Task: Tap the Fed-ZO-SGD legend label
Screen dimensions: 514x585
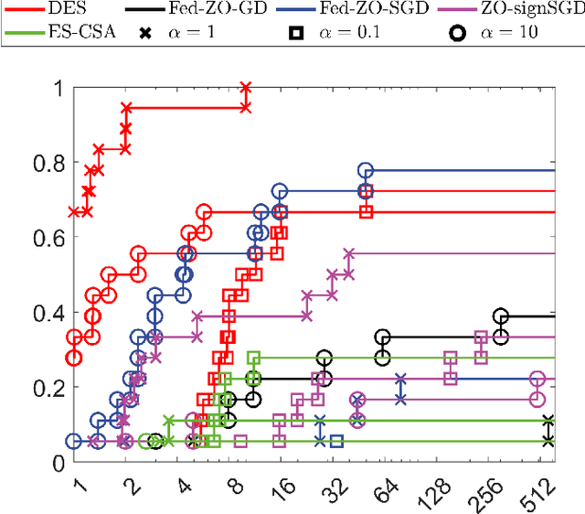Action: pyautogui.click(x=388, y=9)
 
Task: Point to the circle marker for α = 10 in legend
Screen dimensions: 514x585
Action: pyautogui.click(x=458, y=32)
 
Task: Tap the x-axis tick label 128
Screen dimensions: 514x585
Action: pyautogui.click(x=433, y=488)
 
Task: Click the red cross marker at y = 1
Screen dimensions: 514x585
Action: pyautogui.click(x=245, y=89)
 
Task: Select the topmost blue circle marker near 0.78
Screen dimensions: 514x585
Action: pyautogui.click(x=366, y=171)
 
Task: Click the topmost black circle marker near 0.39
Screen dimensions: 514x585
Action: pyautogui.click(x=500, y=316)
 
